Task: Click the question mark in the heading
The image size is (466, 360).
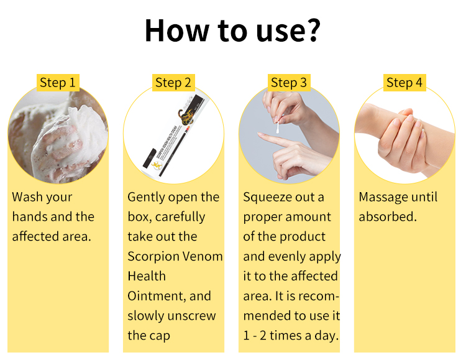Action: [x=311, y=30]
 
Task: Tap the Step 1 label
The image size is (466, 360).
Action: [x=58, y=83]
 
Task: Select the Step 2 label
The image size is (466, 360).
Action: [x=173, y=83]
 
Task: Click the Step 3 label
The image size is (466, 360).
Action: [x=289, y=83]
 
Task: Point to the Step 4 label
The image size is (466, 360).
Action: [x=404, y=83]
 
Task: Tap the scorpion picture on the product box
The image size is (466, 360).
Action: [x=185, y=116]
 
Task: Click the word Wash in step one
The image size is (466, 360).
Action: [x=27, y=197]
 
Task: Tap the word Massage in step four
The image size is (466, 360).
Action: [x=381, y=198]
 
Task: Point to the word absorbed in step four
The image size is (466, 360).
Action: [x=387, y=216]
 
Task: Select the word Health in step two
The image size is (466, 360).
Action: [x=147, y=276]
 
